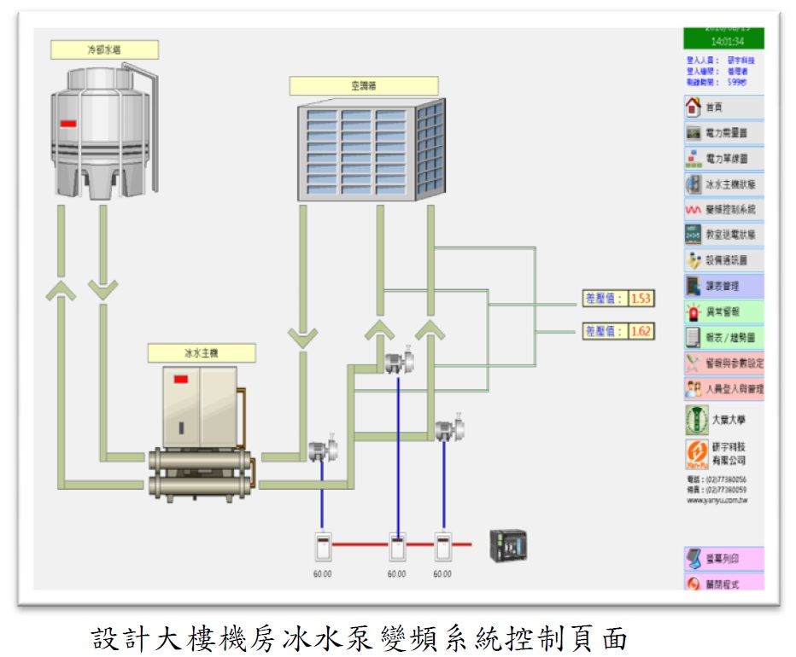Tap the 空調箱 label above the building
pyautogui.click(x=363, y=86)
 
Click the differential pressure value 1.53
pyautogui.click(x=641, y=299)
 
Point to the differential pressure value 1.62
pyautogui.click(x=641, y=331)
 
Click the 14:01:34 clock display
pyautogui.click(x=723, y=40)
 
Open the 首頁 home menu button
pyautogui.click(x=723, y=108)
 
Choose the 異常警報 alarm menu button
pyautogui.click(x=723, y=311)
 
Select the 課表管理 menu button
pyautogui.click(x=723, y=286)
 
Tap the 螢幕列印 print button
pyautogui.click(x=723, y=559)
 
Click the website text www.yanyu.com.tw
pyautogui.click(x=717, y=501)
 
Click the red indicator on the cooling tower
pyautogui.click(x=68, y=124)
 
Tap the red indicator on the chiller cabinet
pyautogui.click(x=181, y=379)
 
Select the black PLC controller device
pyautogui.click(x=507, y=544)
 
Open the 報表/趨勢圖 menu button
pyautogui.click(x=723, y=338)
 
